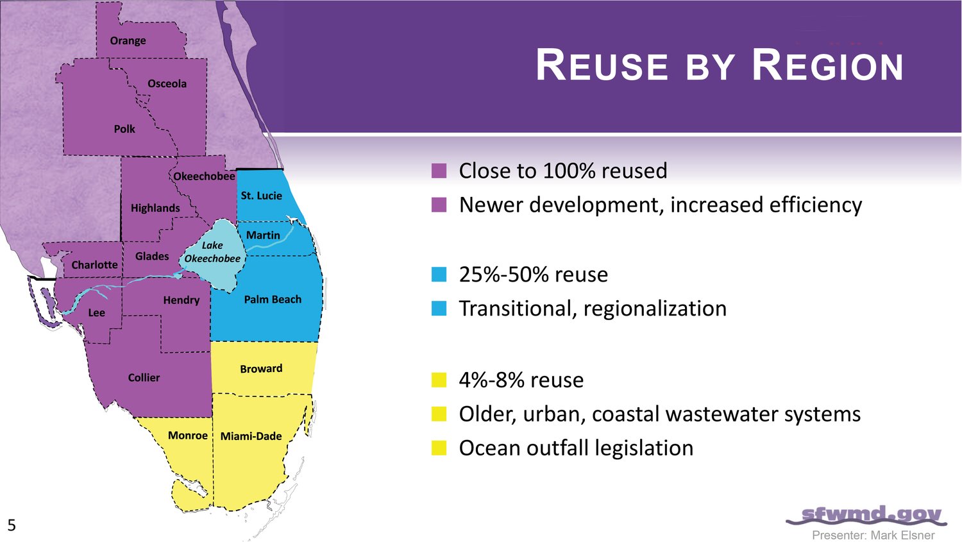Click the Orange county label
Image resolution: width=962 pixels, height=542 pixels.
(x=128, y=41)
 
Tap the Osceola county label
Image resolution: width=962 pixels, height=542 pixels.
(x=167, y=83)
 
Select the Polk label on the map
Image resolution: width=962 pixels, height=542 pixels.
(x=124, y=129)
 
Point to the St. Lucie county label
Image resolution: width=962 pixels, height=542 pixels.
(x=261, y=196)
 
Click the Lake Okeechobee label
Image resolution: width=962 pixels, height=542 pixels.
(x=212, y=251)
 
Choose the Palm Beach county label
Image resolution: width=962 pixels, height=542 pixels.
(x=273, y=300)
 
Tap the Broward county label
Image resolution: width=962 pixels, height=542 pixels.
(x=261, y=368)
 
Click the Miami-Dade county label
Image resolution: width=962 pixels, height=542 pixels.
(x=251, y=436)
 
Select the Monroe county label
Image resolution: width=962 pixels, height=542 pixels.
(x=188, y=436)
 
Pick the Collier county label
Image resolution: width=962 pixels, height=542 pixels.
(x=144, y=378)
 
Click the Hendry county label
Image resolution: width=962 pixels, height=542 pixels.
(x=181, y=300)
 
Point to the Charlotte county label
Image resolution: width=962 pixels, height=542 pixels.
(x=94, y=264)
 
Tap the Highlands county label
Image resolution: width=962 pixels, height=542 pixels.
(x=155, y=208)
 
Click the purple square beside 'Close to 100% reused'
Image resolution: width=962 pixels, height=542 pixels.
(x=439, y=171)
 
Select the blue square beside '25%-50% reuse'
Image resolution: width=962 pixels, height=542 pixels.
(x=439, y=274)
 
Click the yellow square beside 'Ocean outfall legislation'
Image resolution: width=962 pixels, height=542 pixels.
(x=439, y=448)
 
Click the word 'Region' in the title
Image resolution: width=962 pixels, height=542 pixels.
(x=827, y=65)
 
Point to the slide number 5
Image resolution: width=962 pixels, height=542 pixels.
(x=12, y=525)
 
